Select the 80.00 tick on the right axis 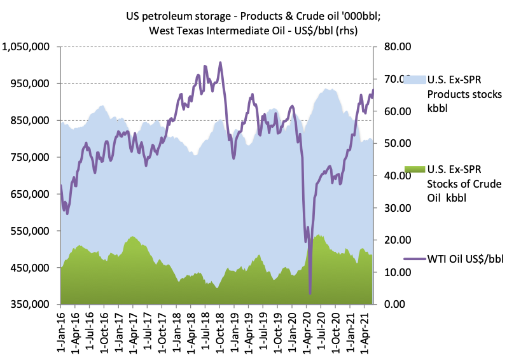point(396,46)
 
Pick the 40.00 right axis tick point(396,175)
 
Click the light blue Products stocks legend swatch point(414,79)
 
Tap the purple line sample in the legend point(414,260)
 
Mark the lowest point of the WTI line point(310,293)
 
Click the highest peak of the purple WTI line point(220,62)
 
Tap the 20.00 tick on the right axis point(396,240)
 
